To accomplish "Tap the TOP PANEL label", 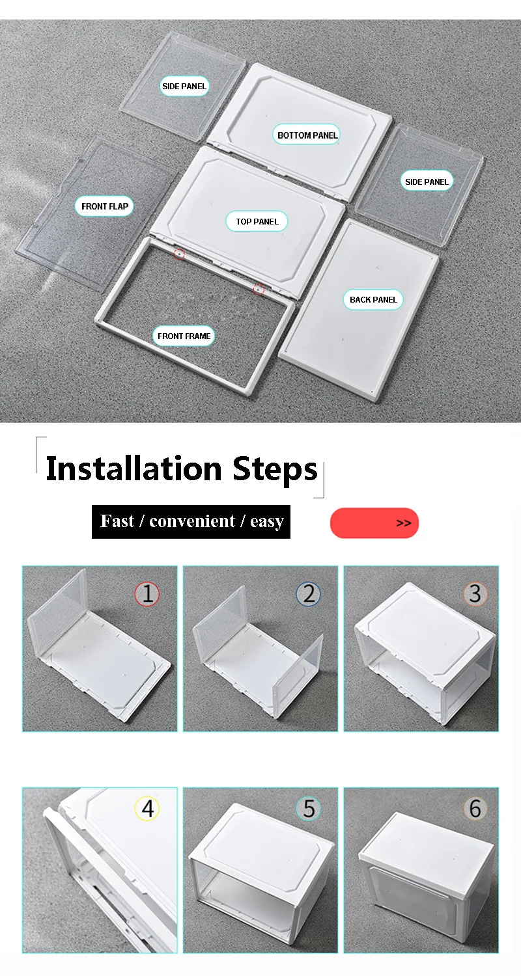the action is click(257, 221).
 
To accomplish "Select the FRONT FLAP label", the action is click(105, 206).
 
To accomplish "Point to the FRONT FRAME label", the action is click(184, 336).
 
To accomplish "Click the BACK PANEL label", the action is click(373, 299).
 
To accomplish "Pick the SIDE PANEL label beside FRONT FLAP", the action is click(184, 87).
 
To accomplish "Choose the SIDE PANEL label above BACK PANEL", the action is click(427, 182).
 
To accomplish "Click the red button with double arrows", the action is click(374, 523).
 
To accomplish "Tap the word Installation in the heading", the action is click(134, 468).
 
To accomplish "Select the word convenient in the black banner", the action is click(192, 521).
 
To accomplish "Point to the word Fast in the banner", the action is click(117, 521).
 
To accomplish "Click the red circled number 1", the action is click(147, 593).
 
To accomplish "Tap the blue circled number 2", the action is click(308, 593).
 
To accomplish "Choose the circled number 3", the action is click(475, 593).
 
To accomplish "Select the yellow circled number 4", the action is click(147, 809).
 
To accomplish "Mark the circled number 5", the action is click(308, 809).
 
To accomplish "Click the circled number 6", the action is click(475, 809).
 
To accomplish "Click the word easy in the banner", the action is click(267, 522).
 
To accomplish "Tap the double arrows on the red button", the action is click(404, 523).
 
